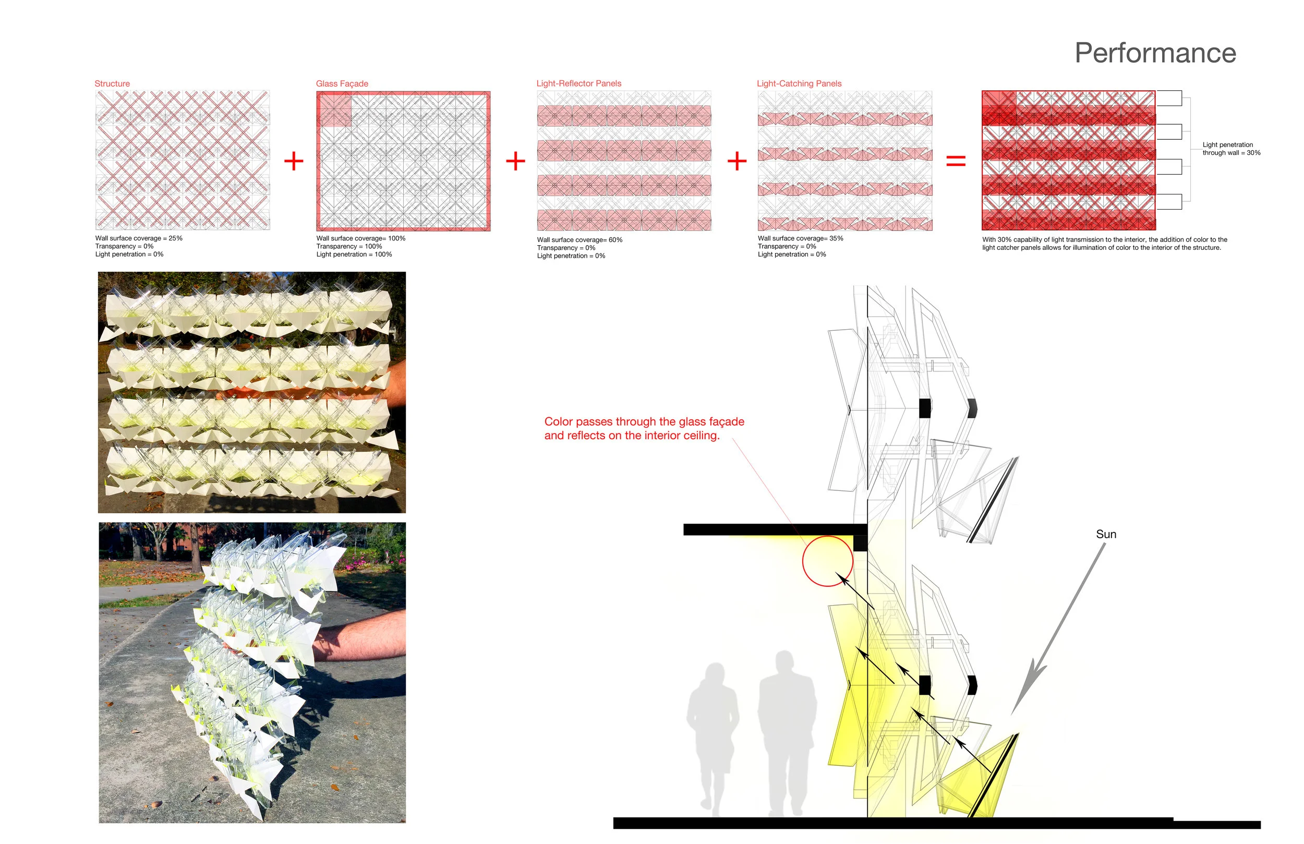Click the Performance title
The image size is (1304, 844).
click(1155, 53)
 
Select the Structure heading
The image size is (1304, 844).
click(112, 83)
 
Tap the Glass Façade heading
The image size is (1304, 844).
click(342, 83)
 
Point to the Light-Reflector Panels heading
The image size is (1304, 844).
click(578, 83)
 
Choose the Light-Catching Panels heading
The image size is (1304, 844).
click(799, 83)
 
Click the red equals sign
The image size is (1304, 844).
click(956, 161)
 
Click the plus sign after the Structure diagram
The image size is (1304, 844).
click(294, 161)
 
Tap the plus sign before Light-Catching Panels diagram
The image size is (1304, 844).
click(737, 161)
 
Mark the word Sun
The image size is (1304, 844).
click(1106, 534)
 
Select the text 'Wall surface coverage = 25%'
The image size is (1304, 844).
click(139, 238)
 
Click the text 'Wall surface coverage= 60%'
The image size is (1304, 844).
click(579, 240)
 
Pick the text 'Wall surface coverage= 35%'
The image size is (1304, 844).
click(801, 238)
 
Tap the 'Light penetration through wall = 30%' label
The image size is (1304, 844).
click(1231, 149)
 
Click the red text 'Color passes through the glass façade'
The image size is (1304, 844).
click(644, 421)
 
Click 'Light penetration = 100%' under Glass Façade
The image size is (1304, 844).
click(354, 255)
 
